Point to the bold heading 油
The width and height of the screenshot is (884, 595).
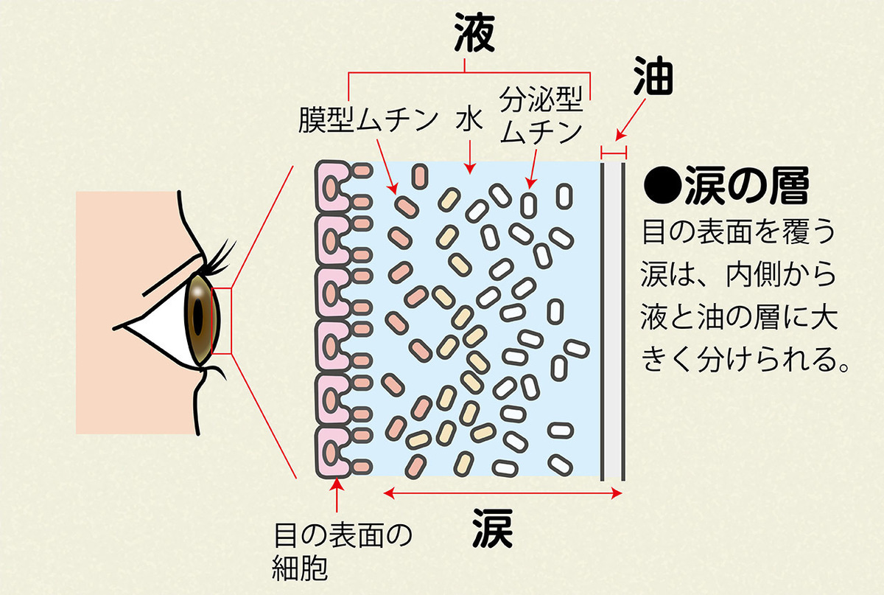click(x=654, y=80)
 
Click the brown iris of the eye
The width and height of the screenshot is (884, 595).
click(x=200, y=318)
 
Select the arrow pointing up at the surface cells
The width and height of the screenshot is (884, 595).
click(x=337, y=498)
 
